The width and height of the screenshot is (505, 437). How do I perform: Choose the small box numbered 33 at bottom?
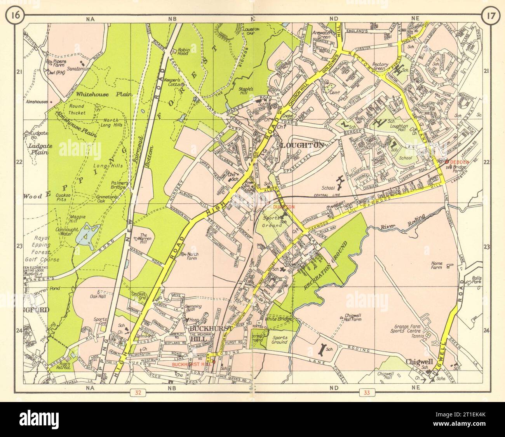367,392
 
